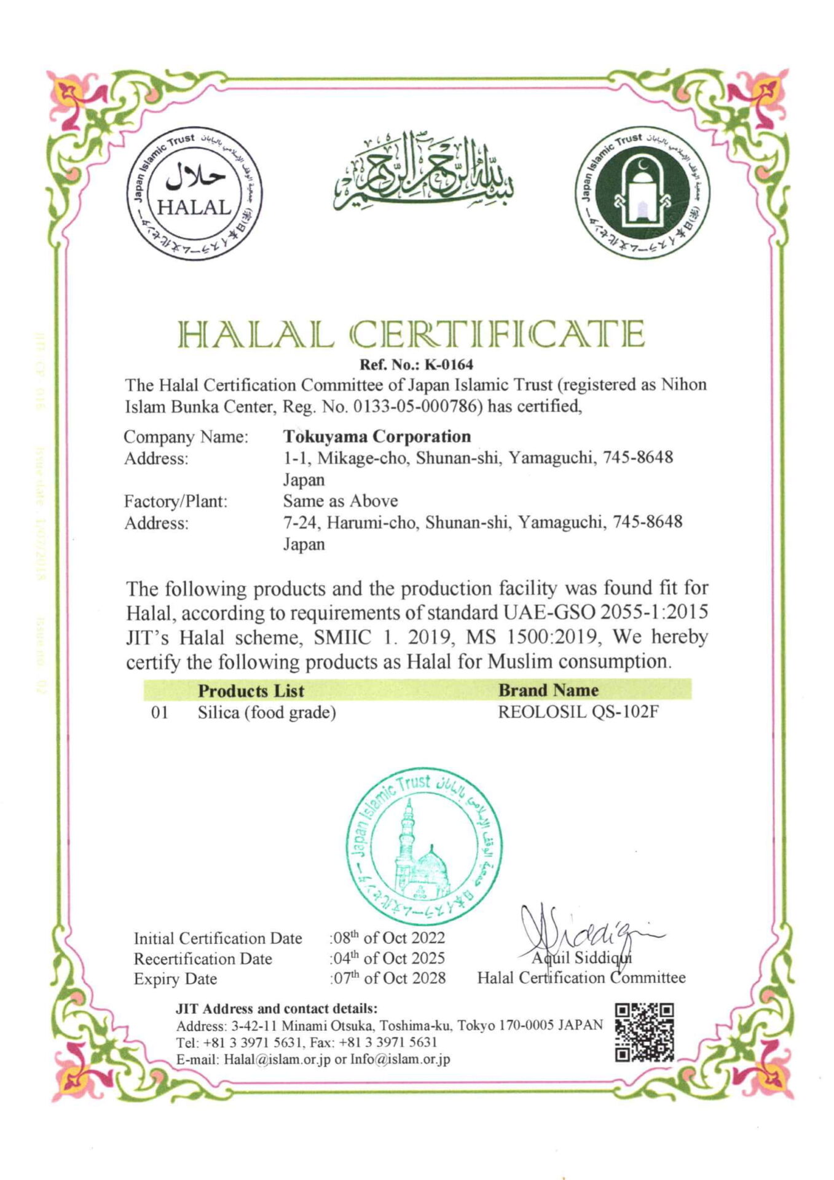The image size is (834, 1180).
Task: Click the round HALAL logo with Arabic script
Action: point(195,194)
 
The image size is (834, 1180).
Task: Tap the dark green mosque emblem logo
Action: point(640,194)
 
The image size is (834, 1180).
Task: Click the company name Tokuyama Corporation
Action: point(377,436)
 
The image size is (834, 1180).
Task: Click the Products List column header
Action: point(251,691)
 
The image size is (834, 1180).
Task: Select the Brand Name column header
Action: point(548,690)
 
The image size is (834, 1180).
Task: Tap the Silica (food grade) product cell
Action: point(267,713)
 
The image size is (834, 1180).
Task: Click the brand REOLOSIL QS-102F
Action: point(578,713)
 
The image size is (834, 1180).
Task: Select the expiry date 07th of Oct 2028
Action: point(389,978)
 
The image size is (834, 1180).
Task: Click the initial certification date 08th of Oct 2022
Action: point(388,938)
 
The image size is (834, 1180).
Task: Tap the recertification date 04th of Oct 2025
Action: point(388,958)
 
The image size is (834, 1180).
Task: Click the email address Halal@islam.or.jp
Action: point(277,1060)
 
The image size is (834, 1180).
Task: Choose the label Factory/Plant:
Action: point(176,502)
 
